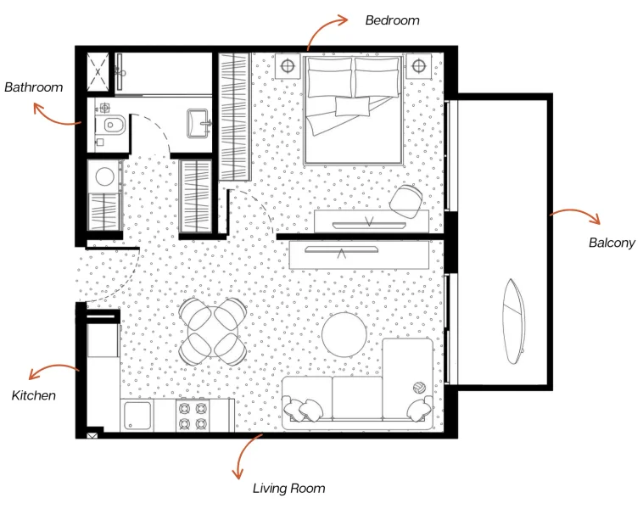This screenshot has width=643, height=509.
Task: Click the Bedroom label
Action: point(392,20)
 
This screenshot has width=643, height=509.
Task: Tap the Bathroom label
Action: point(34,87)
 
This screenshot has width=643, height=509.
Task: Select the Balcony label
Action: point(612,243)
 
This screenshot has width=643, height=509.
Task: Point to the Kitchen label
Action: point(34,395)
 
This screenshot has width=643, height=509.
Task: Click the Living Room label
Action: point(288,488)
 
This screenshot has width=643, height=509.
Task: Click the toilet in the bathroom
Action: point(110,126)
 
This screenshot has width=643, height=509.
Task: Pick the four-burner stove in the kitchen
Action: point(192,415)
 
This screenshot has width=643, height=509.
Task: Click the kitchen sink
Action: point(137,416)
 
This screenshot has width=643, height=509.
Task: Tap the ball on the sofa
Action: point(418,388)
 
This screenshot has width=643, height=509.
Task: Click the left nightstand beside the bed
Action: point(287,64)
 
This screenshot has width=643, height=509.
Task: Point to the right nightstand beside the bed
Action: point(417,65)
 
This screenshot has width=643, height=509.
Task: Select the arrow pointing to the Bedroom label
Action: point(326,27)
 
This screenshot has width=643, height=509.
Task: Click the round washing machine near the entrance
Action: point(105,176)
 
